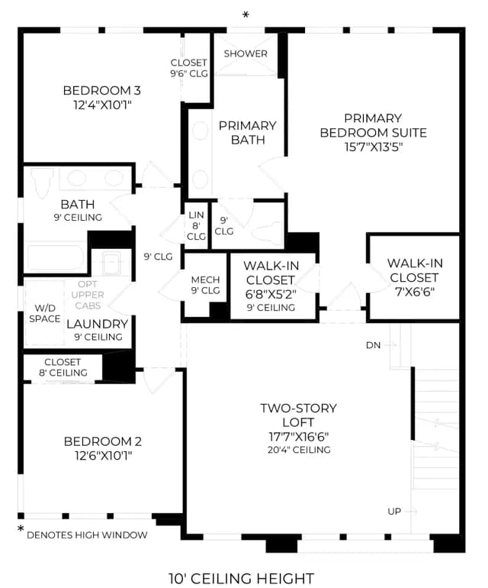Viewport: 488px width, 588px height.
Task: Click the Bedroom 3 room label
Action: pyautogui.click(x=102, y=90)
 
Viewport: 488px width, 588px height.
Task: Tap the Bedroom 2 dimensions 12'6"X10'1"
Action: pyautogui.click(x=104, y=456)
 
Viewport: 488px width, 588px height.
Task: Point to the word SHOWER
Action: pyautogui.click(x=246, y=53)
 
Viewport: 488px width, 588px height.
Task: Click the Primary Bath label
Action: pyautogui.click(x=248, y=132)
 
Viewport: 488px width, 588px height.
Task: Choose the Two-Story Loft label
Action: pyautogui.click(x=298, y=415)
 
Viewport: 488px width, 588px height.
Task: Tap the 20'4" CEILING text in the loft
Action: pyautogui.click(x=299, y=450)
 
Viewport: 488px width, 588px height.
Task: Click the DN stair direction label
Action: pyautogui.click(x=373, y=345)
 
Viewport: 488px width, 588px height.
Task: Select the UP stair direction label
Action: pyautogui.click(x=394, y=512)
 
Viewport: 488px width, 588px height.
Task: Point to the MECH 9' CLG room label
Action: pyautogui.click(x=205, y=285)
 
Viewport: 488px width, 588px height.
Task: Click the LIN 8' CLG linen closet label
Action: pyautogui.click(x=196, y=226)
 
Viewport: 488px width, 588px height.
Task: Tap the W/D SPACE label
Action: pyautogui.click(x=44, y=314)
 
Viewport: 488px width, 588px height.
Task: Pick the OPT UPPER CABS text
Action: pyautogui.click(x=88, y=295)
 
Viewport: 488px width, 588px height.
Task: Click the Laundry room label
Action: pyautogui.click(x=98, y=324)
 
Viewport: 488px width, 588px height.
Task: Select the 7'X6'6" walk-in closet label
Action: pyautogui.click(x=415, y=292)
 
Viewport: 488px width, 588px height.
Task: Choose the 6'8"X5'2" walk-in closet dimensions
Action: pyautogui.click(x=271, y=294)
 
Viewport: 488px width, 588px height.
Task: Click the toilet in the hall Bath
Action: pyautogui.click(x=42, y=182)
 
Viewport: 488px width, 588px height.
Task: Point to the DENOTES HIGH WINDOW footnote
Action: pyautogui.click(x=87, y=535)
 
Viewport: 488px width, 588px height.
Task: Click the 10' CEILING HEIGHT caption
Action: pyautogui.click(x=241, y=578)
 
